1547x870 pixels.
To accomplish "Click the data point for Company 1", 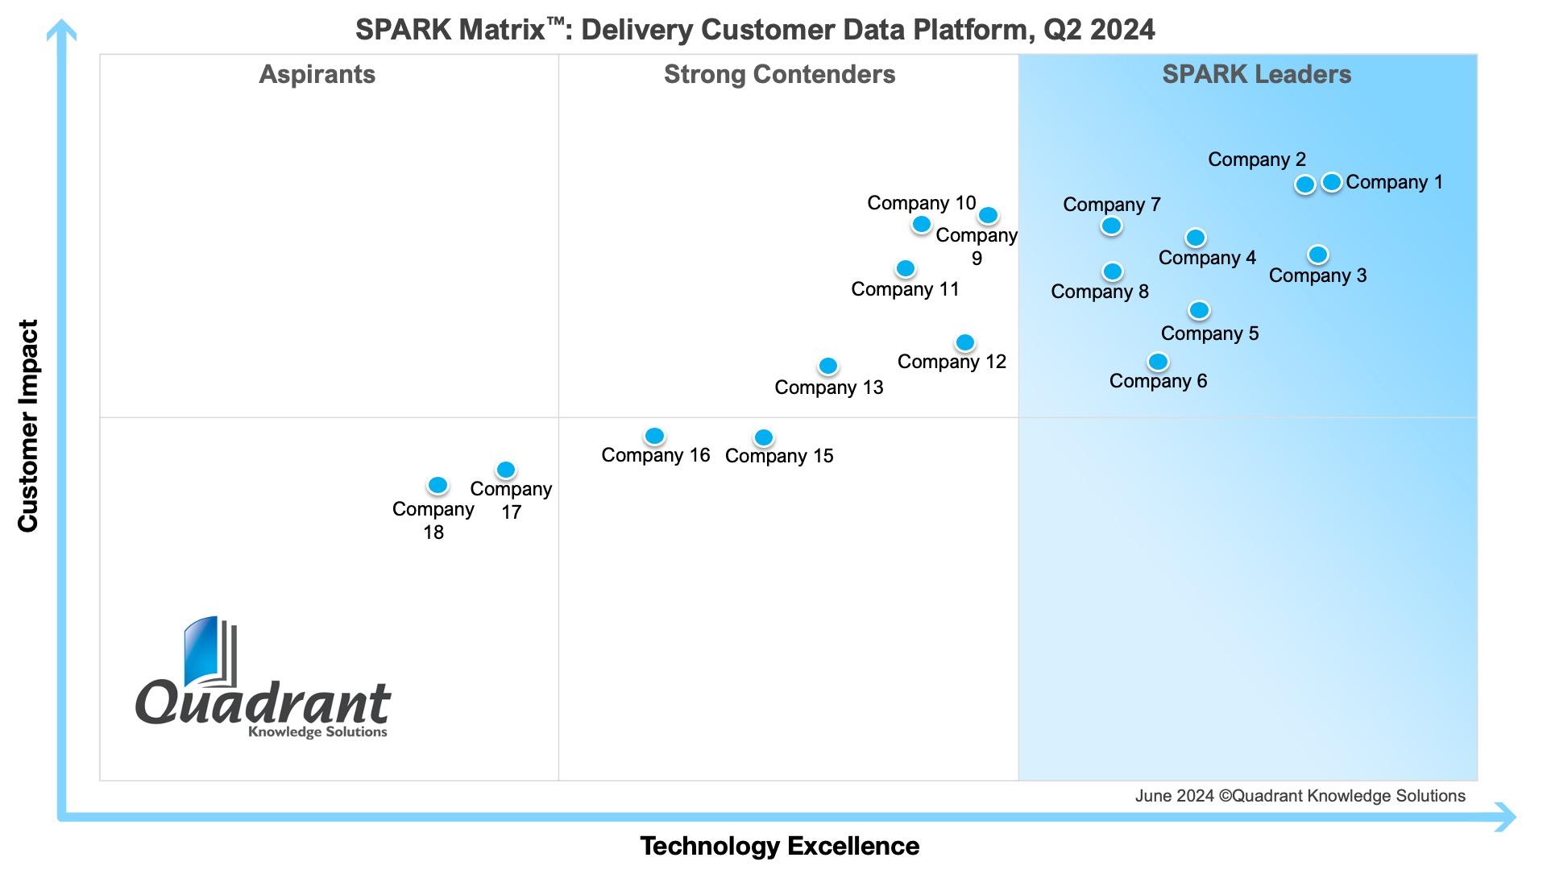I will point(1332,182).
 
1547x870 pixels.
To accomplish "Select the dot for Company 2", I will point(1305,184).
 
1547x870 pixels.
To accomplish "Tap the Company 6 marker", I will point(1158,362).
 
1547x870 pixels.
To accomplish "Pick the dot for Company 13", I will point(828,367).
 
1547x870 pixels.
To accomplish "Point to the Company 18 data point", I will point(438,485).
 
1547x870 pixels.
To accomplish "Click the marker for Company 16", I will point(654,436).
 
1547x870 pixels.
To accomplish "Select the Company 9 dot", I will point(989,215).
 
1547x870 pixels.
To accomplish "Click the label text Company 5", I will point(1209,333).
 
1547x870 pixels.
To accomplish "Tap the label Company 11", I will point(905,289).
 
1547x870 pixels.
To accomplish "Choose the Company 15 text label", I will point(779,456).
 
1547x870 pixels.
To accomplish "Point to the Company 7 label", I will point(1111,205).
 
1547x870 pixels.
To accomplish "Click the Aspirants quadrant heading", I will point(317,74).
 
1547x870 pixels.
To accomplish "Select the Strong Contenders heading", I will point(779,74).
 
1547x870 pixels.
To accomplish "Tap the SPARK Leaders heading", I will point(1256,74).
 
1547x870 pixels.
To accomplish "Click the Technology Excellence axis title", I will point(779,846).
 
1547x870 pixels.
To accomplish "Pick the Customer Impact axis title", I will point(28,425).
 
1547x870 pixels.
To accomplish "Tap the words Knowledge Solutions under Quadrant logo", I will point(317,731).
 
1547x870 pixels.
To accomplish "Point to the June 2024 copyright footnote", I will point(1300,796).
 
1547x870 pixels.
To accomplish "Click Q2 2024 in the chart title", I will point(1099,30).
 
